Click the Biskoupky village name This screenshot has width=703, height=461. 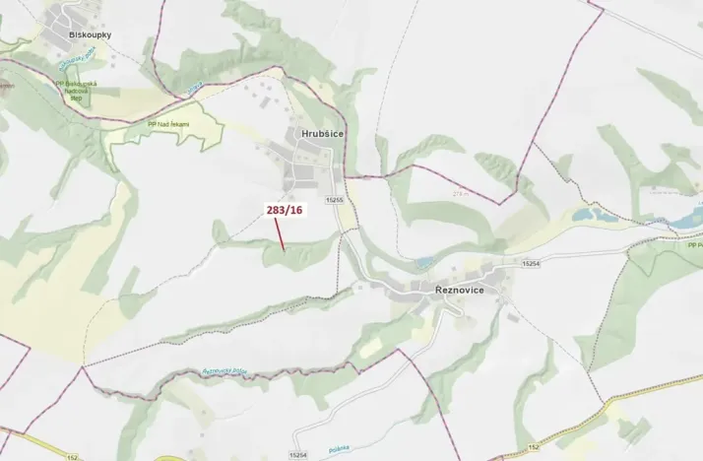[x=90, y=35]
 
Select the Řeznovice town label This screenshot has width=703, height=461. [x=462, y=291]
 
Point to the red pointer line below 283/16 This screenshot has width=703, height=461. [x=281, y=234]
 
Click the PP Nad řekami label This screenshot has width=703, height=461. [x=167, y=124]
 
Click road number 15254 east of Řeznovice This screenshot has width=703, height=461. [x=532, y=263]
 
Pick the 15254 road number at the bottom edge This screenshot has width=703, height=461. [x=299, y=454]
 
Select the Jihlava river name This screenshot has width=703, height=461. [x=195, y=89]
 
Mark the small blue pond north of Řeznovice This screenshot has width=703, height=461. [x=424, y=261]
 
